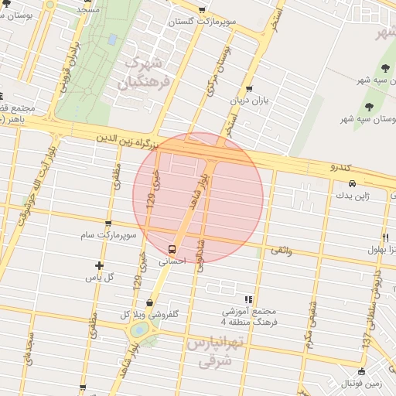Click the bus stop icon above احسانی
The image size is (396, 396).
(171, 249)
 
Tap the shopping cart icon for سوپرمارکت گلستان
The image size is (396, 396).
(202, 10)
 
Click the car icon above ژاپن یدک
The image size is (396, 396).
(352, 184)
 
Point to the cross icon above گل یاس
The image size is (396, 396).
(99, 265)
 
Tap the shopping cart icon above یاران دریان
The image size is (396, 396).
(249, 89)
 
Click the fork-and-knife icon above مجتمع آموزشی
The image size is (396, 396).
(248, 299)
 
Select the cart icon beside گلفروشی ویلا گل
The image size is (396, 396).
(148, 303)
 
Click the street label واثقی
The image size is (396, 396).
(281, 251)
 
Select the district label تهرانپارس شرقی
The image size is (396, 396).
(215, 350)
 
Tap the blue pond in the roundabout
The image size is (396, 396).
(139, 330)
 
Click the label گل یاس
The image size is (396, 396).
(99, 277)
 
